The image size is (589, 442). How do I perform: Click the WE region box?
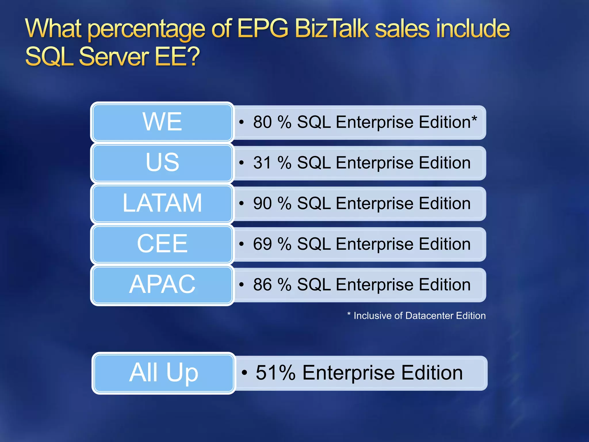[162, 122]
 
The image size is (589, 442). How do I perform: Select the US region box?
[162, 163]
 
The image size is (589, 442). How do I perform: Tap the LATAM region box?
[162, 203]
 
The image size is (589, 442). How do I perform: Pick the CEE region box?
[162, 244]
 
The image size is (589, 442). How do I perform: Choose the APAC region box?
[162, 285]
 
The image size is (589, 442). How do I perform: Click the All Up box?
[163, 373]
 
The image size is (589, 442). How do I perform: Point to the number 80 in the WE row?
[262, 122]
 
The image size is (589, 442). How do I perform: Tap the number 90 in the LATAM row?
[262, 203]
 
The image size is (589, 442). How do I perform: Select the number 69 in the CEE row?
[262, 244]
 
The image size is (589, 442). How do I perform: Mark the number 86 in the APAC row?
[262, 285]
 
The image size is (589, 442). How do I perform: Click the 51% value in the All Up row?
[275, 373]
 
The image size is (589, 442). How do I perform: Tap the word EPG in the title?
[263, 28]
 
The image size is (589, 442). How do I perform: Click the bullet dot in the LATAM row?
[241, 203]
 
